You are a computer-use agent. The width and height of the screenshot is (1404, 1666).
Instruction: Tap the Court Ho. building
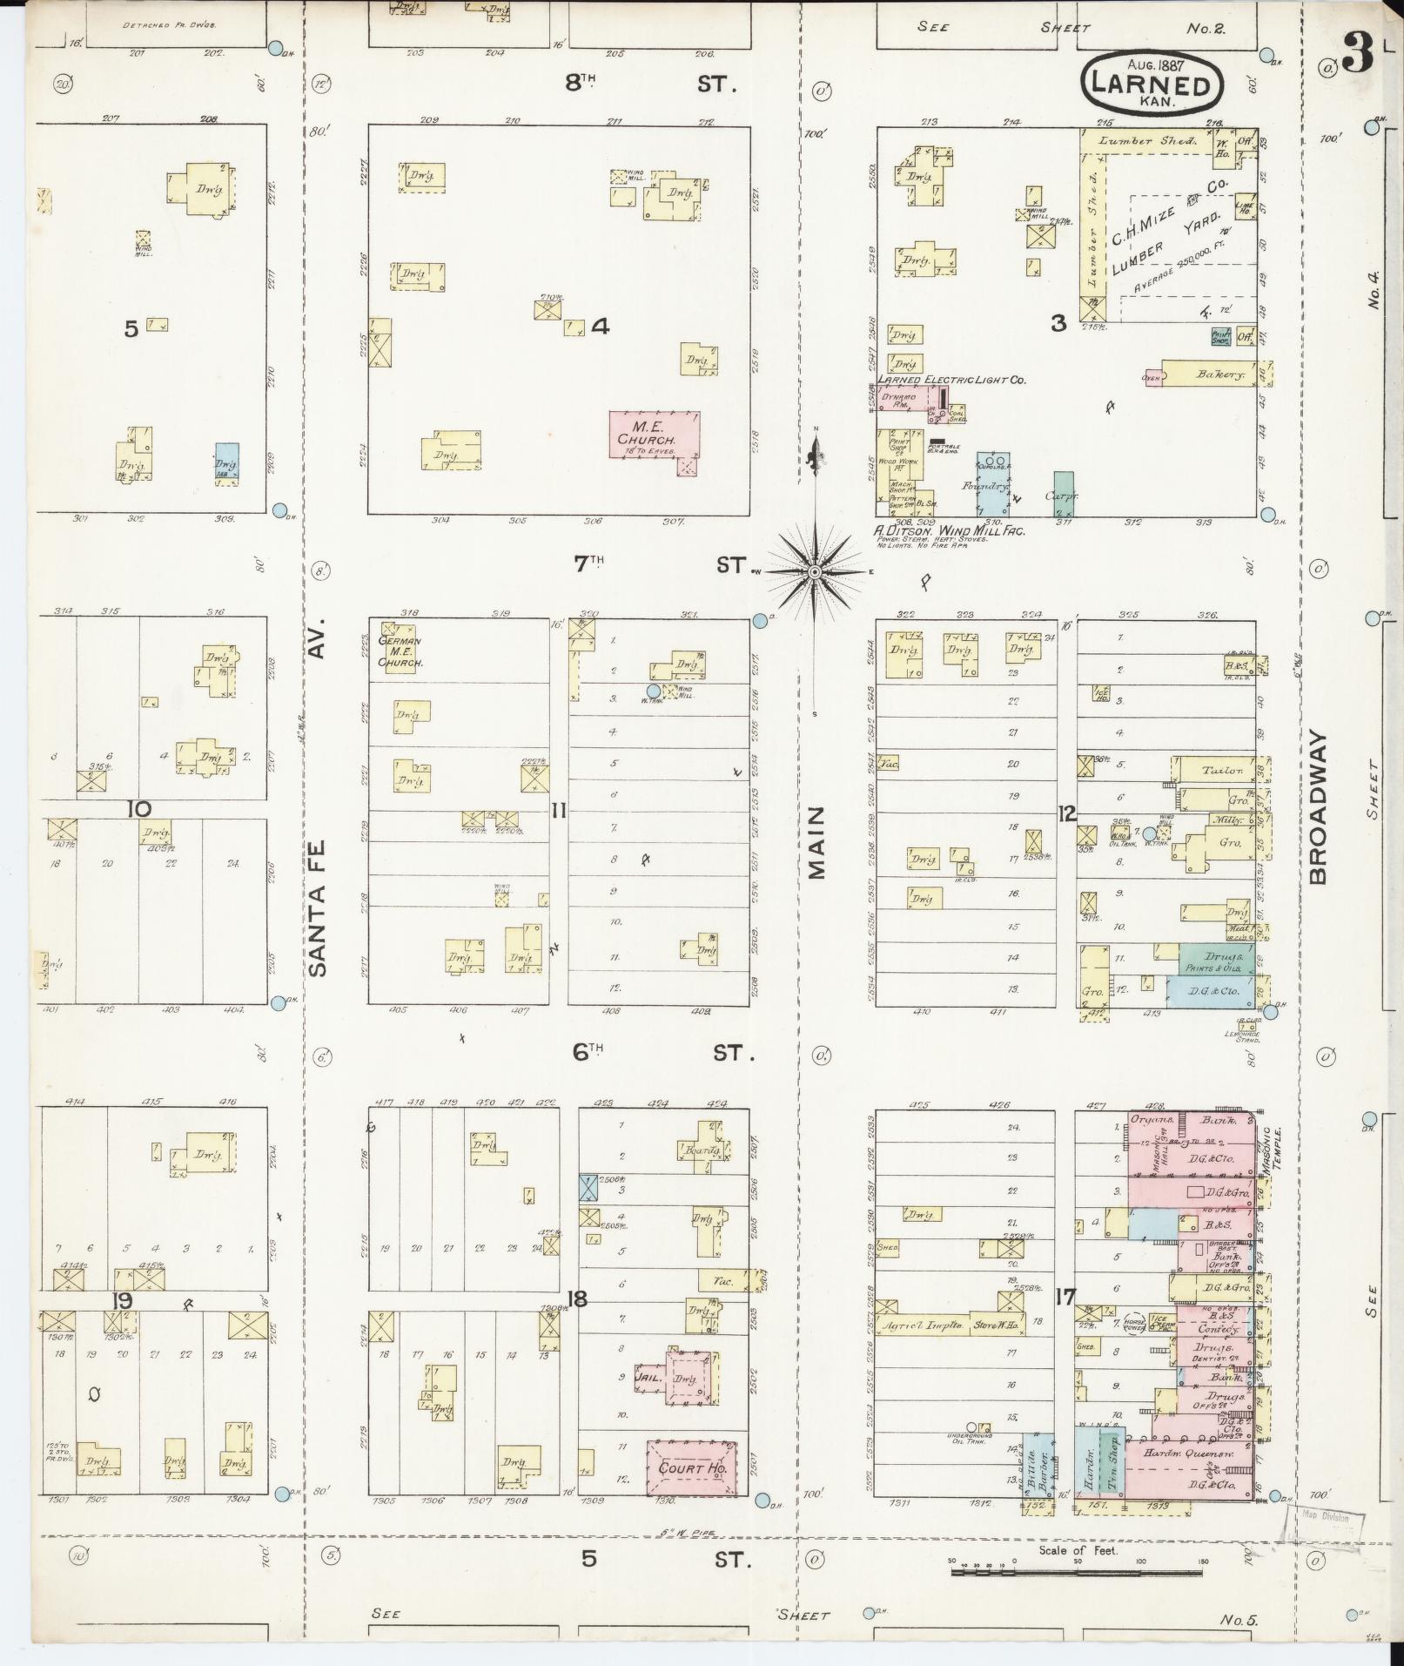click(692, 1467)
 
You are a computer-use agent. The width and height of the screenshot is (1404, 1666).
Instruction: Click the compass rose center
click(815, 571)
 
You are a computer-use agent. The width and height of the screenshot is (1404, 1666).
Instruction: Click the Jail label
click(652, 1378)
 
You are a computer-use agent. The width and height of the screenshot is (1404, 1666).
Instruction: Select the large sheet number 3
click(1355, 55)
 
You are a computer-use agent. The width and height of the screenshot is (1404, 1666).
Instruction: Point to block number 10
click(138, 809)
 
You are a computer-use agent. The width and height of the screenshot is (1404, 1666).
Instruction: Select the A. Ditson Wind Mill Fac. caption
click(950, 529)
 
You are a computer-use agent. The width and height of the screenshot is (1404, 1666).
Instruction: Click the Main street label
click(816, 841)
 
